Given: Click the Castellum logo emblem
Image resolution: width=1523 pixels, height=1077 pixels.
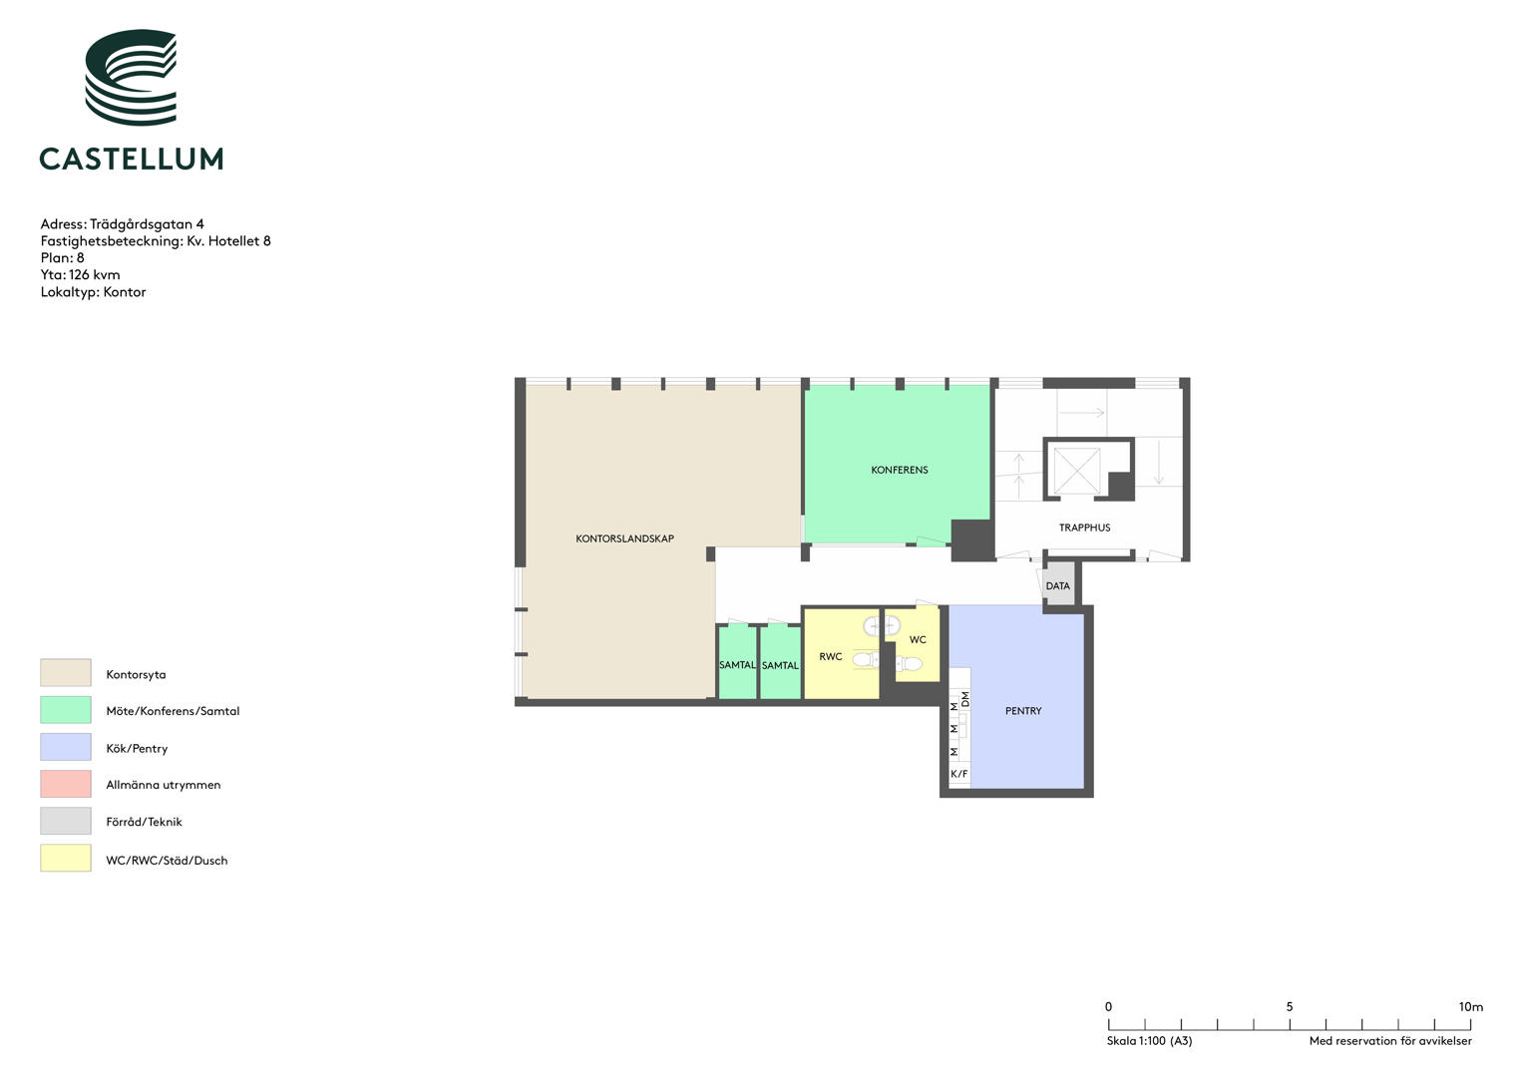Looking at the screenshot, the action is [x=131, y=77].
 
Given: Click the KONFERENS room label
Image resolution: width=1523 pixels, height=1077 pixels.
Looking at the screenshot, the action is [x=899, y=470].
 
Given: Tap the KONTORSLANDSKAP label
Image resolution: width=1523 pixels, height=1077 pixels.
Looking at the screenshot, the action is [x=624, y=538].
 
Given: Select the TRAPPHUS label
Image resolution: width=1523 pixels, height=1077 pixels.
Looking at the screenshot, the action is [x=1084, y=528].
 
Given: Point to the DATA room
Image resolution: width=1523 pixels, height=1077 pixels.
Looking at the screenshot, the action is [x=1058, y=583].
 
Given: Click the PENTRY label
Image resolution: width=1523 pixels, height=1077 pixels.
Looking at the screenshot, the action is [x=1023, y=711].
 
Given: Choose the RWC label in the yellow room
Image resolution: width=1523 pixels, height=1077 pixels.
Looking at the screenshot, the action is [x=830, y=657].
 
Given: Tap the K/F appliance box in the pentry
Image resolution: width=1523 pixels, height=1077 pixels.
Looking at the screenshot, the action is [x=959, y=774].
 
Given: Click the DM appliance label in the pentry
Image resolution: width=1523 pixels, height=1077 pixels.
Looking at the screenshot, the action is [x=965, y=699].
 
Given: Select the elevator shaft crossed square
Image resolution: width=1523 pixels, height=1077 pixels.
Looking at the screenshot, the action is [x=1076, y=471].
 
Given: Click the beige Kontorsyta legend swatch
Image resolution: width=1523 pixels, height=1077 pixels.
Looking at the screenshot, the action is [x=65, y=672].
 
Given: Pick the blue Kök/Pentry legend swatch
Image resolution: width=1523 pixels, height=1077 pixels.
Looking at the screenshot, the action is [x=65, y=747].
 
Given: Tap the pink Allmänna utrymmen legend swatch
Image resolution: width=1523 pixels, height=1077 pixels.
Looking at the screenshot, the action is [x=65, y=783].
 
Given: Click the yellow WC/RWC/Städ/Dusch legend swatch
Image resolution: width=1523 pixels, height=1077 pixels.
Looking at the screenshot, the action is [x=65, y=858].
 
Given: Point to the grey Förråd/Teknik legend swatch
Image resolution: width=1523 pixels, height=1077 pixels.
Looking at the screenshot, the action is [x=65, y=821].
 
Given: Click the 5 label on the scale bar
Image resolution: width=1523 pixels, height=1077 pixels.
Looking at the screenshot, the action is [x=1289, y=1007].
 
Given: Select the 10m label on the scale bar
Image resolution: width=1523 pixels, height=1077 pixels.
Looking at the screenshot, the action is [x=1471, y=1007].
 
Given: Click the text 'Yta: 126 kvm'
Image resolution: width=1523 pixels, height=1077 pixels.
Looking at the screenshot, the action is [x=80, y=274].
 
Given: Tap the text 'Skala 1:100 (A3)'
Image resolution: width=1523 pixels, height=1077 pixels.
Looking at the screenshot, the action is [x=1149, y=1041].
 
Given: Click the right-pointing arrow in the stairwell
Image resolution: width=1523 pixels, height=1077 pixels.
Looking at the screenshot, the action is [x=1082, y=413].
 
